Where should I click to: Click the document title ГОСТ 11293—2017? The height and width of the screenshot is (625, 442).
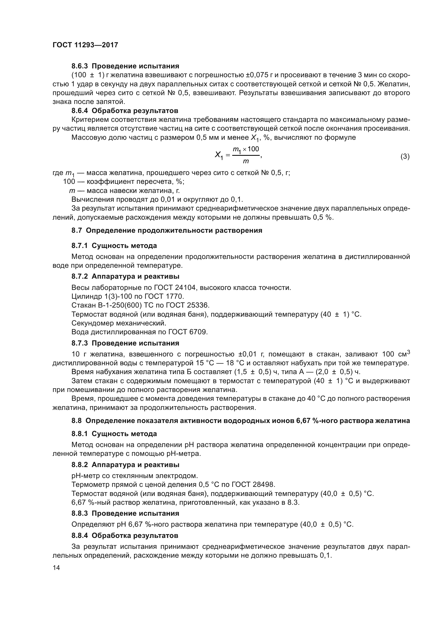coord(85,45)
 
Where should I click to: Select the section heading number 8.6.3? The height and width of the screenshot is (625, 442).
coord(80,66)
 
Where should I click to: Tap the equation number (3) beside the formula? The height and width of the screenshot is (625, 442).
coord(405,157)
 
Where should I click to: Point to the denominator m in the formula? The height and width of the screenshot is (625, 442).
coord(246,162)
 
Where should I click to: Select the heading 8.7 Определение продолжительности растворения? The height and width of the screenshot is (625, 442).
coord(167,230)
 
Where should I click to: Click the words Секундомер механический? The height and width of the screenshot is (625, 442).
coord(119,323)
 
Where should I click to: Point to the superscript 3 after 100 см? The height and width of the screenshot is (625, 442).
coord(408,352)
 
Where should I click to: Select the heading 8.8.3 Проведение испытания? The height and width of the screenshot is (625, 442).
coord(125,513)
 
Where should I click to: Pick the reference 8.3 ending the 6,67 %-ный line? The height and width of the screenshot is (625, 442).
coord(293,503)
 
